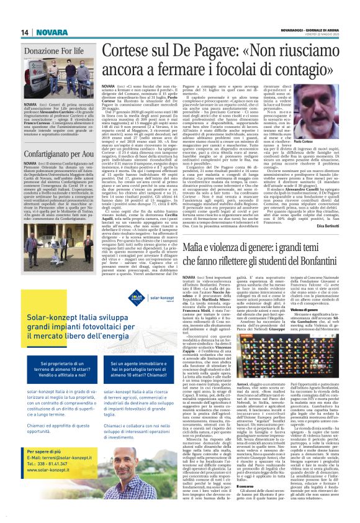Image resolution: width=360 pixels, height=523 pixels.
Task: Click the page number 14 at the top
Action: (x=24, y=32)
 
